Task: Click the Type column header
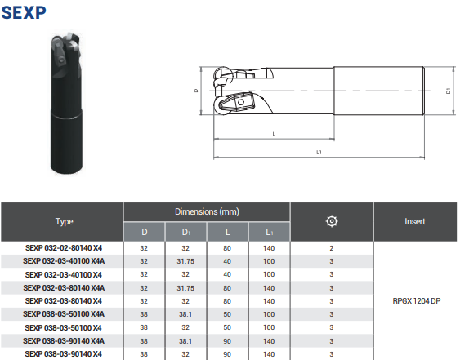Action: [x=64, y=221]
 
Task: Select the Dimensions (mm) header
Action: [x=207, y=211]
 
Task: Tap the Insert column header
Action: [x=414, y=221]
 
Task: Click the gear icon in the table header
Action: [x=331, y=221]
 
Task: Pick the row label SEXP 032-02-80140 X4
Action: [x=64, y=247]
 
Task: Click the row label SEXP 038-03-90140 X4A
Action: [x=64, y=340]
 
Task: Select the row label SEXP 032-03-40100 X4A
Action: [x=64, y=260]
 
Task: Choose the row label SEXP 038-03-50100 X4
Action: [x=64, y=327]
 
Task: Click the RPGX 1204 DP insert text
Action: [x=414, y=300]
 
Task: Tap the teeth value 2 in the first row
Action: [x=331, y=247]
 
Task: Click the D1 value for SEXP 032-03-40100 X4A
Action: [x=185, y=260]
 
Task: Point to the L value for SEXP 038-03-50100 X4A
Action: [x=228, y=313]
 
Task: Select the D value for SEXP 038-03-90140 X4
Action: [x=144, y=354]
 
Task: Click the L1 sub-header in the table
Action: [x=270, y=232]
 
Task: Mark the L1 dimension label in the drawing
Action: [x=319, y=152]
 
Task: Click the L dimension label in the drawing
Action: [x=273, y=133]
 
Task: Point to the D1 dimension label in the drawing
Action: [x=449, y=91]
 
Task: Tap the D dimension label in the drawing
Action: [x=196, y=91]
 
